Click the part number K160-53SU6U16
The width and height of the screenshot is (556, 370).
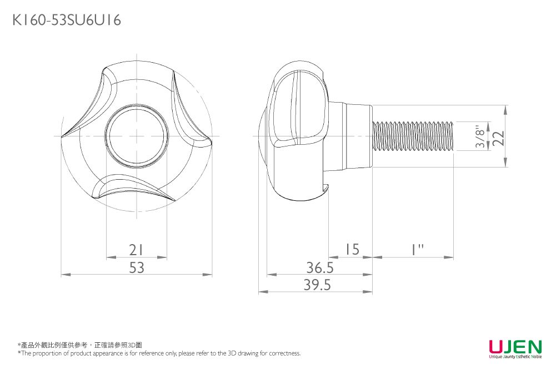[x=67, y=20]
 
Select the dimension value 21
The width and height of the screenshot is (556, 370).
[x=137, y=250]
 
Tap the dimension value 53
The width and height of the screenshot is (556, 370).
[x=137, y=267]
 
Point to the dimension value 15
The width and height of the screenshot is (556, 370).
[x=352, y=249]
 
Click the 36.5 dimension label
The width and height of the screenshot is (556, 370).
[x=320, y=267]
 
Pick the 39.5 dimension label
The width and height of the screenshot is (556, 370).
[x=317, y=285]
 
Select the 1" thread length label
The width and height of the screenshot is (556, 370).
[x=417, y=249]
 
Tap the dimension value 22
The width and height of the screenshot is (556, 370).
[x=499, y=138]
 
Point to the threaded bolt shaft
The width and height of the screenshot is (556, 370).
[x=413, y=136]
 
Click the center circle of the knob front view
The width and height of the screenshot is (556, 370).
[x=137, y=136]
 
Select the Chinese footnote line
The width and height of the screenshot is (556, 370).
[x=80, y=345]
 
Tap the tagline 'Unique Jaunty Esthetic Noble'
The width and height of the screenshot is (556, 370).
[x=515, y=357]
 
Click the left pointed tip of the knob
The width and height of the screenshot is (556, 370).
[x=62, y=136]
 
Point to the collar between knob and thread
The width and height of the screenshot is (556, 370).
[x=350, y=136]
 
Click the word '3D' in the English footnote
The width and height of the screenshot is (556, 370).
[x=232, y=353]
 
